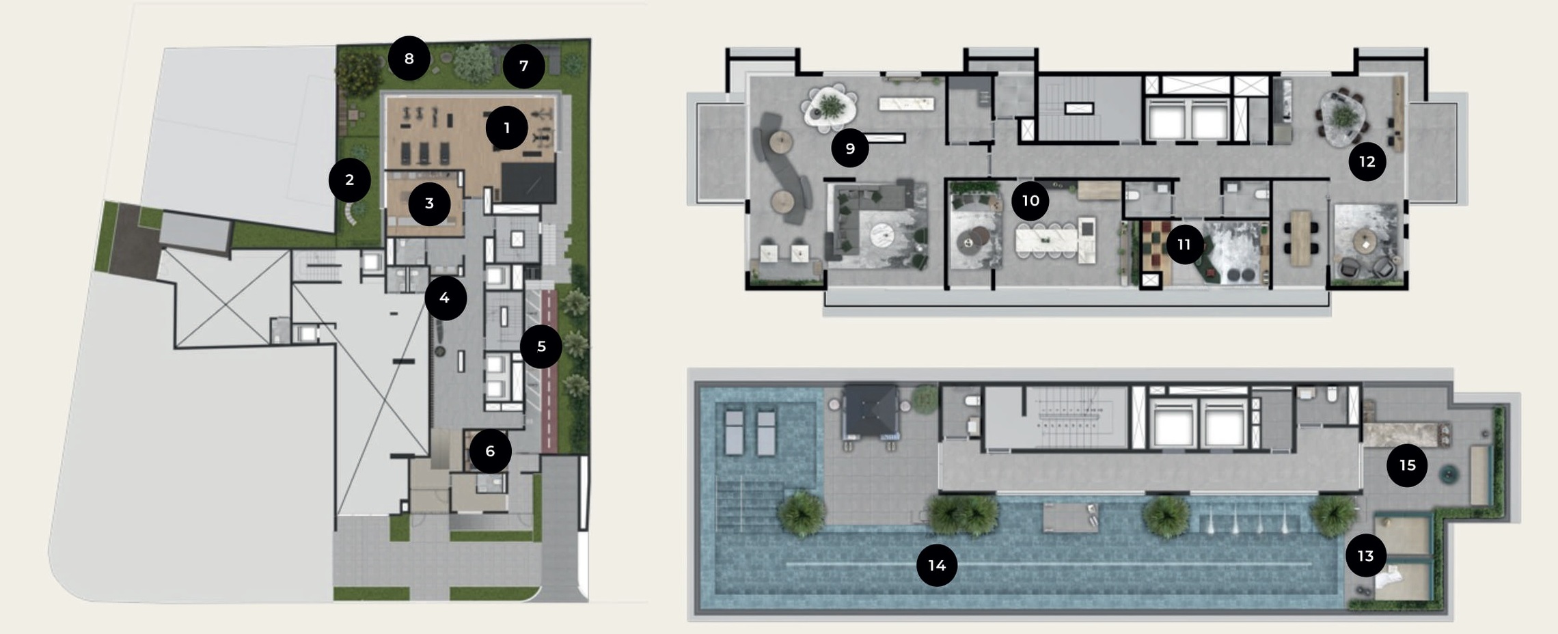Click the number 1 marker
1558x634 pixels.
[506, 128]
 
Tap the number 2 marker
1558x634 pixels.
[349, 180]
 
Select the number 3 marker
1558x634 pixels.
[429, 203]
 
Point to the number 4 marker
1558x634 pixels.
[445, 298]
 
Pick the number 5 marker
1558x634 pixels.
[541, 347]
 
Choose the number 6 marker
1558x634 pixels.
[490, 452]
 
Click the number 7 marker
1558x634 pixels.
[523, 66]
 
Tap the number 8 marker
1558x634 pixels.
[409, 59]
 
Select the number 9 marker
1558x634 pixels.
[850, 148]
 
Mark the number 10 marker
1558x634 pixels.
[1030, 201]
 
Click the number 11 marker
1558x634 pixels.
[1184, 245]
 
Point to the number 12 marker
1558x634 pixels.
[1367, 162]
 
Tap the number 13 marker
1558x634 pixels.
[1365, 556]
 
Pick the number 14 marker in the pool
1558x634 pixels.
[937, 566]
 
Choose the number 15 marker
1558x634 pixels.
[1407, 466]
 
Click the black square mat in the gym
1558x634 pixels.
[528, 182]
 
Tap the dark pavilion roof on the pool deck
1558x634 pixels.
[870, 411]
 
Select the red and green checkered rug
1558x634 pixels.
[1156, 253]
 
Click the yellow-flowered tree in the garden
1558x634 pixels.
[357, 74]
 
